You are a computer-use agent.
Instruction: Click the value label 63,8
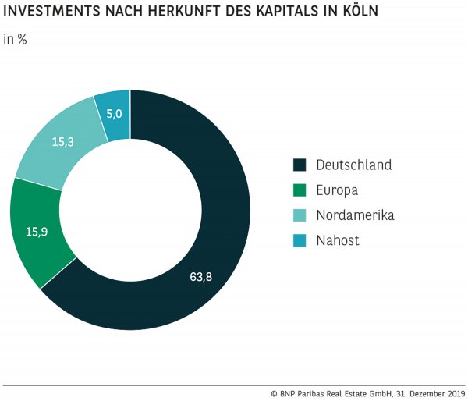pos(200,277)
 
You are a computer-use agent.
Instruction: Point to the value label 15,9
pos(37,232)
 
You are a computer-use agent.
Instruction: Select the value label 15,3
pos(63,142)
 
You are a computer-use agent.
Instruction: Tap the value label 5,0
pos(114,115)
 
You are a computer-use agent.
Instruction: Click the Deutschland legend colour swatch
pos(299,165)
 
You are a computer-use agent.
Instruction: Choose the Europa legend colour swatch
pos(299,190)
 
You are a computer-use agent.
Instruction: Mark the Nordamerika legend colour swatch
pos(299,215)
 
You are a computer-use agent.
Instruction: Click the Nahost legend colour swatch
pos(299,240)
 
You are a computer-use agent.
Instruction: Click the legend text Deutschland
pos(353,165)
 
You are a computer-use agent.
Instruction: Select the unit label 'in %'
pos(16,39)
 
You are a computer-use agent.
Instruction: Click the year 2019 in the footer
pos(452,392)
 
